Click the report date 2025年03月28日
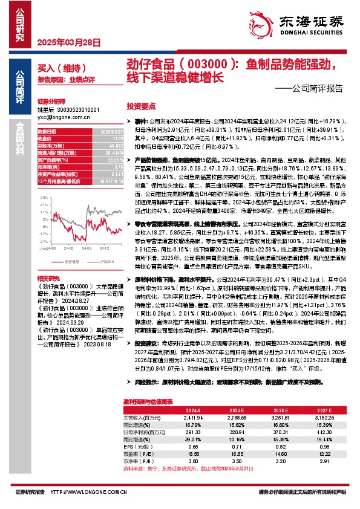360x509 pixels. (x=61, y=42)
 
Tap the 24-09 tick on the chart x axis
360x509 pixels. (x=87, y=248)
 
